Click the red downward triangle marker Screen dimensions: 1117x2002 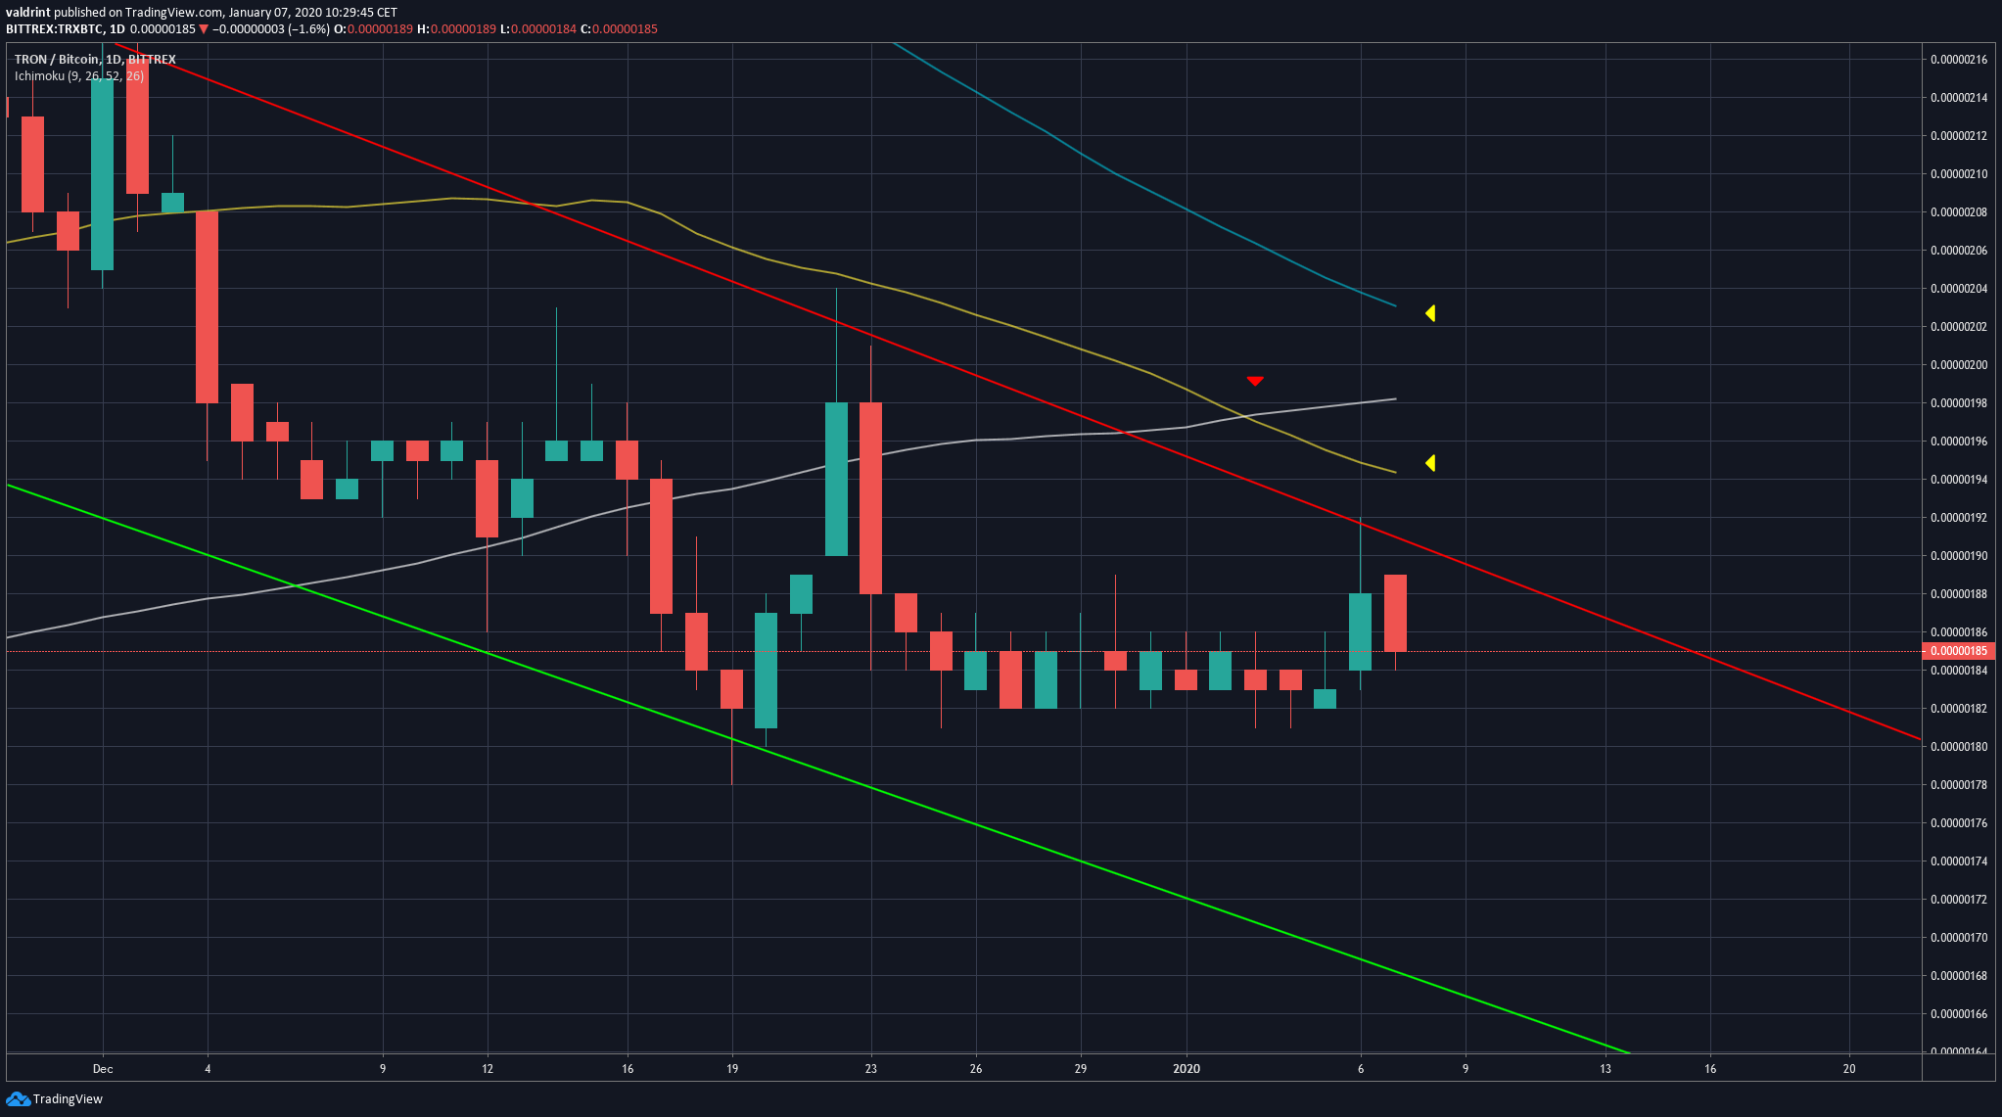[1255, 381]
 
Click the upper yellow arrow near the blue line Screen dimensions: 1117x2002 [1430, 313]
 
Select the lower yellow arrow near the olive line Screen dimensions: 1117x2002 [1430, 463]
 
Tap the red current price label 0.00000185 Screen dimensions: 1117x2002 [1958, 651]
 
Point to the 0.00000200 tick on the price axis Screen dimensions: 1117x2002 [1958, 365]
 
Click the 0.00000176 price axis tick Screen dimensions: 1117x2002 [1958, 823]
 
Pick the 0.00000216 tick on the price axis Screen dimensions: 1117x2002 [1958, 60]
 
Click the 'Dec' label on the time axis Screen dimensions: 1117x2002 [103, 1069]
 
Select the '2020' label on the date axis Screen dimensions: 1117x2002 [1186, 1069]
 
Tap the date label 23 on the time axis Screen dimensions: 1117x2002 [871, 1069]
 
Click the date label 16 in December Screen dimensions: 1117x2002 [628, 1069]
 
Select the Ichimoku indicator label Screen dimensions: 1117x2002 [78, 75]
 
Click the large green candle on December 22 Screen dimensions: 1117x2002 [836, 479]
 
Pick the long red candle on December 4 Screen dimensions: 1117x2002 [207, 306]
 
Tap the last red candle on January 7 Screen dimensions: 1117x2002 [1395, 613]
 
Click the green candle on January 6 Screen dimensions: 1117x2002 [1360, 631]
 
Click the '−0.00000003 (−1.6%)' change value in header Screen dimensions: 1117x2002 [271, 29]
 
